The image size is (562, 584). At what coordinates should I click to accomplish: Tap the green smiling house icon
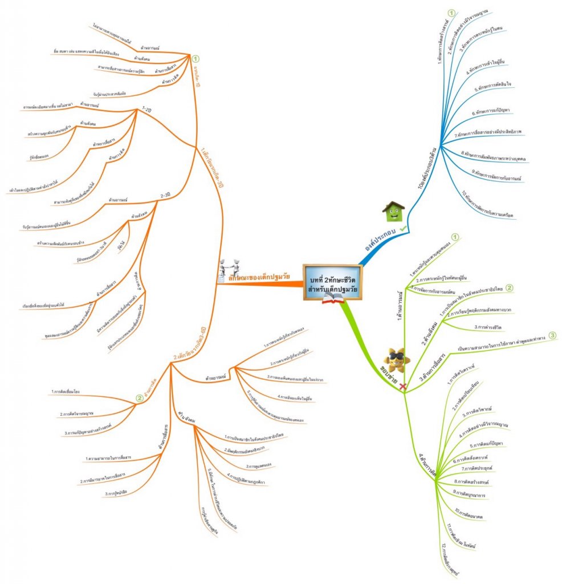393,212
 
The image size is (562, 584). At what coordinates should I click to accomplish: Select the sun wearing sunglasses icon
395,359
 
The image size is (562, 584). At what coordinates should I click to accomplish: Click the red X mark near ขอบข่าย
403,387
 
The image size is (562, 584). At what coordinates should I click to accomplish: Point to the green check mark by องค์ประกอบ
403,228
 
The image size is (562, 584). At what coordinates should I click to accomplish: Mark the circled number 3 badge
552,335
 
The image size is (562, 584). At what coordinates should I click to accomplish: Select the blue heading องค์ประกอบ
381,241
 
